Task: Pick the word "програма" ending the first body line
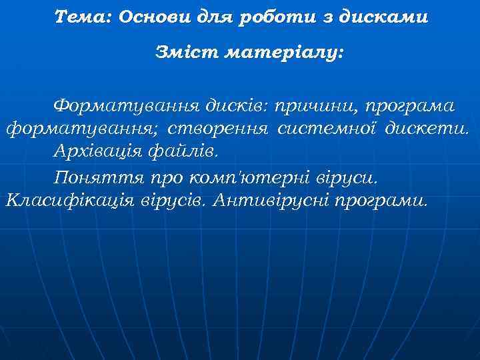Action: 413,106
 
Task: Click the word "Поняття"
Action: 87,178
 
